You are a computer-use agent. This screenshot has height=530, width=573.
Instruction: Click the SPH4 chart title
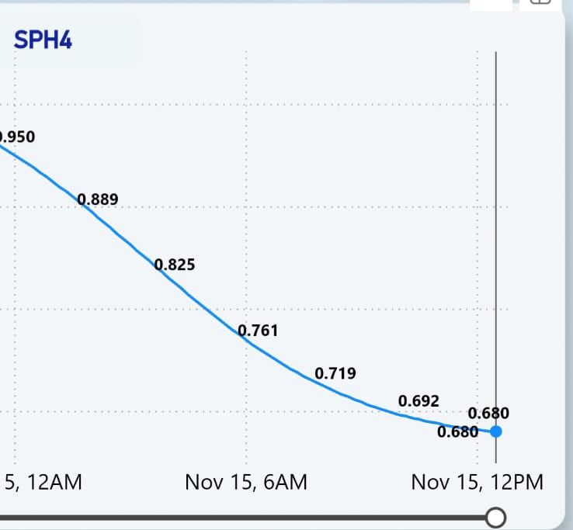click(x=43, y=40)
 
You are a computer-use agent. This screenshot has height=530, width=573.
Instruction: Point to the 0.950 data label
click(x=16, y=137)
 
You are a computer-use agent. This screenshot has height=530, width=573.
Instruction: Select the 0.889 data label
click(x=99, y=199)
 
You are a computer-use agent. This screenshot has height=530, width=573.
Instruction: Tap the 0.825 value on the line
click(x=175, y=265)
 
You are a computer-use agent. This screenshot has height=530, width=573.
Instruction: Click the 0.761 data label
click(x=258, y=331)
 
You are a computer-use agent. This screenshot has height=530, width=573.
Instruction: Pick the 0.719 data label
click(x=335, y=373)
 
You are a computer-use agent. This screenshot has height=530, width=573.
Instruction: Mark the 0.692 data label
click(x=418, y=400)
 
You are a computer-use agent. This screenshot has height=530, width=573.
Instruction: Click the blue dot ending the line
click(x=496, y=431)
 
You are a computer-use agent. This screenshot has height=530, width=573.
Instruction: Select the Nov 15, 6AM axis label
click(x=246, y=482)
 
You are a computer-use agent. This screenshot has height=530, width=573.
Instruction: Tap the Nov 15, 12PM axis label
click(x=477, y=482)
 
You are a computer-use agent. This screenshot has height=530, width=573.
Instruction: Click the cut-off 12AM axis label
click(x=43, y=482)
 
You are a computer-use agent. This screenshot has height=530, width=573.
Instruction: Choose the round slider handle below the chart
click(x=495, y=517)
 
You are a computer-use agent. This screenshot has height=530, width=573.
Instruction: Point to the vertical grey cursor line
click(x=496, y=233)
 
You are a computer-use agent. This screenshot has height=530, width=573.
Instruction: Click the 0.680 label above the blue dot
click(x=489, y=413)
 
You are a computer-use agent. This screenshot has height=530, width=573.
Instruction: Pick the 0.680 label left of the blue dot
click(x=458, y=432)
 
